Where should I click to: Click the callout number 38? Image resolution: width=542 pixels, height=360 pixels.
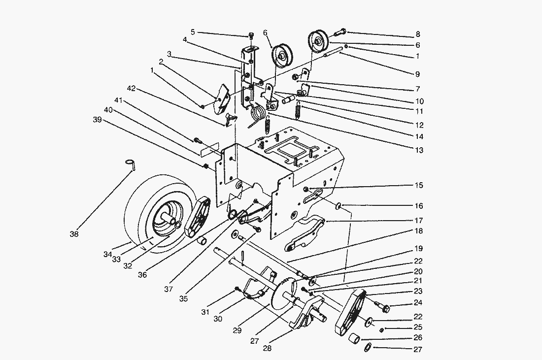coord(74,234)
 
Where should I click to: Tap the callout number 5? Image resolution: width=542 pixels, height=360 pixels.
coord(193,32)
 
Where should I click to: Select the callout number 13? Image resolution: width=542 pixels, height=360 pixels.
coord(418,150)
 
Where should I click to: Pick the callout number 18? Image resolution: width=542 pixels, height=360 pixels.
coord(418,230)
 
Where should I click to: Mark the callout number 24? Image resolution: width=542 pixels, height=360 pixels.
coord(418,303)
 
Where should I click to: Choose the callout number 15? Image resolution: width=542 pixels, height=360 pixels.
coord(418,186)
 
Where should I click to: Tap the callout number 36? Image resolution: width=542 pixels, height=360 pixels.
coord(142,275)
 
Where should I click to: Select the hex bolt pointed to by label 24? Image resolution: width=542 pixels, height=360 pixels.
coord(385,309)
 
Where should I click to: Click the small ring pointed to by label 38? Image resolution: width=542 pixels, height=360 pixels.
coord(130,163)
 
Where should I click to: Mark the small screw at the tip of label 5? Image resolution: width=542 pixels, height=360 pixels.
coord(251,35)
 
